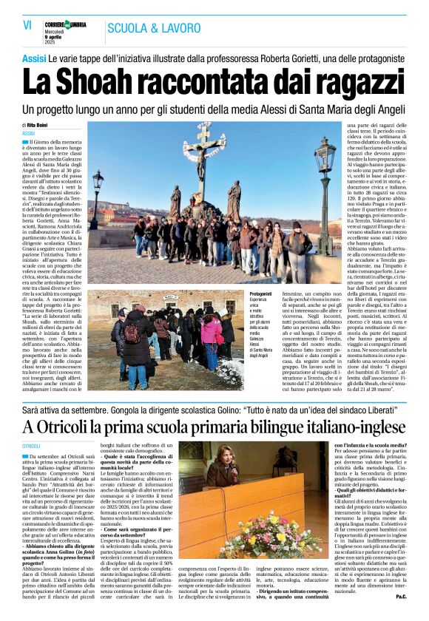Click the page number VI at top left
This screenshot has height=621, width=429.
(27, 24)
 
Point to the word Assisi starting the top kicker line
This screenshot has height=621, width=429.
(34, 58)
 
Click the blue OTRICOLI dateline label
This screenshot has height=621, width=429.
(32, 447)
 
